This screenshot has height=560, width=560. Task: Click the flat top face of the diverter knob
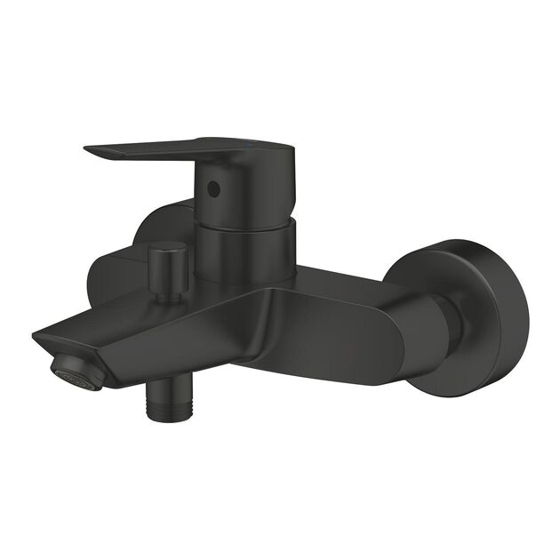point(167,246)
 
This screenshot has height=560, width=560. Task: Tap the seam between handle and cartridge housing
point(242,222)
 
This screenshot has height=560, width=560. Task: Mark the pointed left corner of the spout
point(36,336)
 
